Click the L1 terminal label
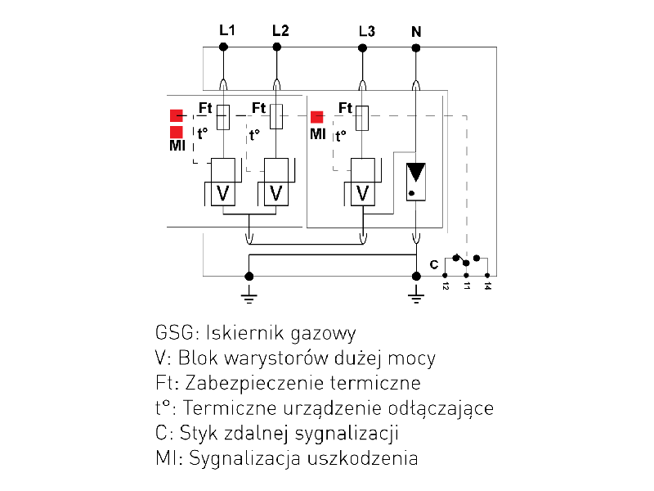point(227,31)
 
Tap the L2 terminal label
point(280,31)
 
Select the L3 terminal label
point(367,32)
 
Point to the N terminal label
point(416,32)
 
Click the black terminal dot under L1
point(223,47)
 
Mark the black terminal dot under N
point(416,47)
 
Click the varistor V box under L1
point(222,193)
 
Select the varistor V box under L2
point(276,193)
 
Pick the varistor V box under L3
point(363,193)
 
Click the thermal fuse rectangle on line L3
point(363,118)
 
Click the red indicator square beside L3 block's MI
point(316,116)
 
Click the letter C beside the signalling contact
point(434,264)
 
